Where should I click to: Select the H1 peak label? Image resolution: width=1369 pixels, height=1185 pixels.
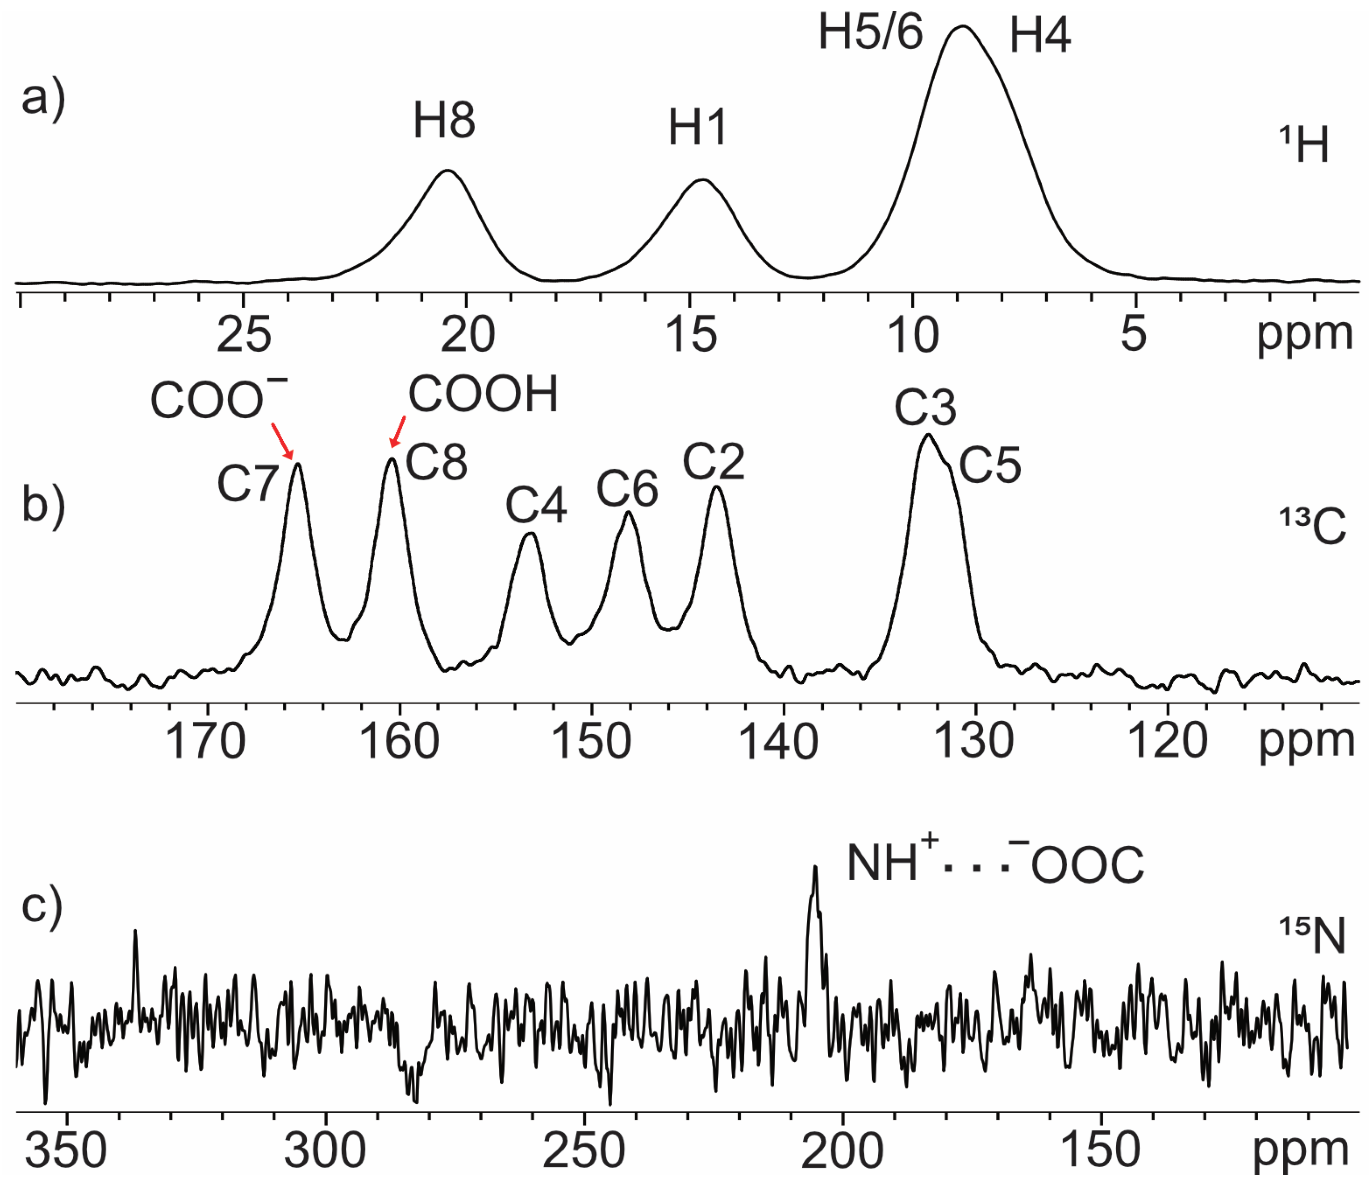click(697, 128)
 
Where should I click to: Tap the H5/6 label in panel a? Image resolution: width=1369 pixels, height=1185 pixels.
click(870, 33)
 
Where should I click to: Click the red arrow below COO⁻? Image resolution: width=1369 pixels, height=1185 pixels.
click(282, 441)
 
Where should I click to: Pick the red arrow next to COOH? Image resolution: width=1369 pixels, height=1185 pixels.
click(398, 431)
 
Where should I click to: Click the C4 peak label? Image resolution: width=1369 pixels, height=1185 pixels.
click(536, 506)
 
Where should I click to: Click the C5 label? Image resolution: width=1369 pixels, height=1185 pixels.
click(990, 466)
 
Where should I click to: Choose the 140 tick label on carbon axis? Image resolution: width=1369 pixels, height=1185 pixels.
click(778, 741)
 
